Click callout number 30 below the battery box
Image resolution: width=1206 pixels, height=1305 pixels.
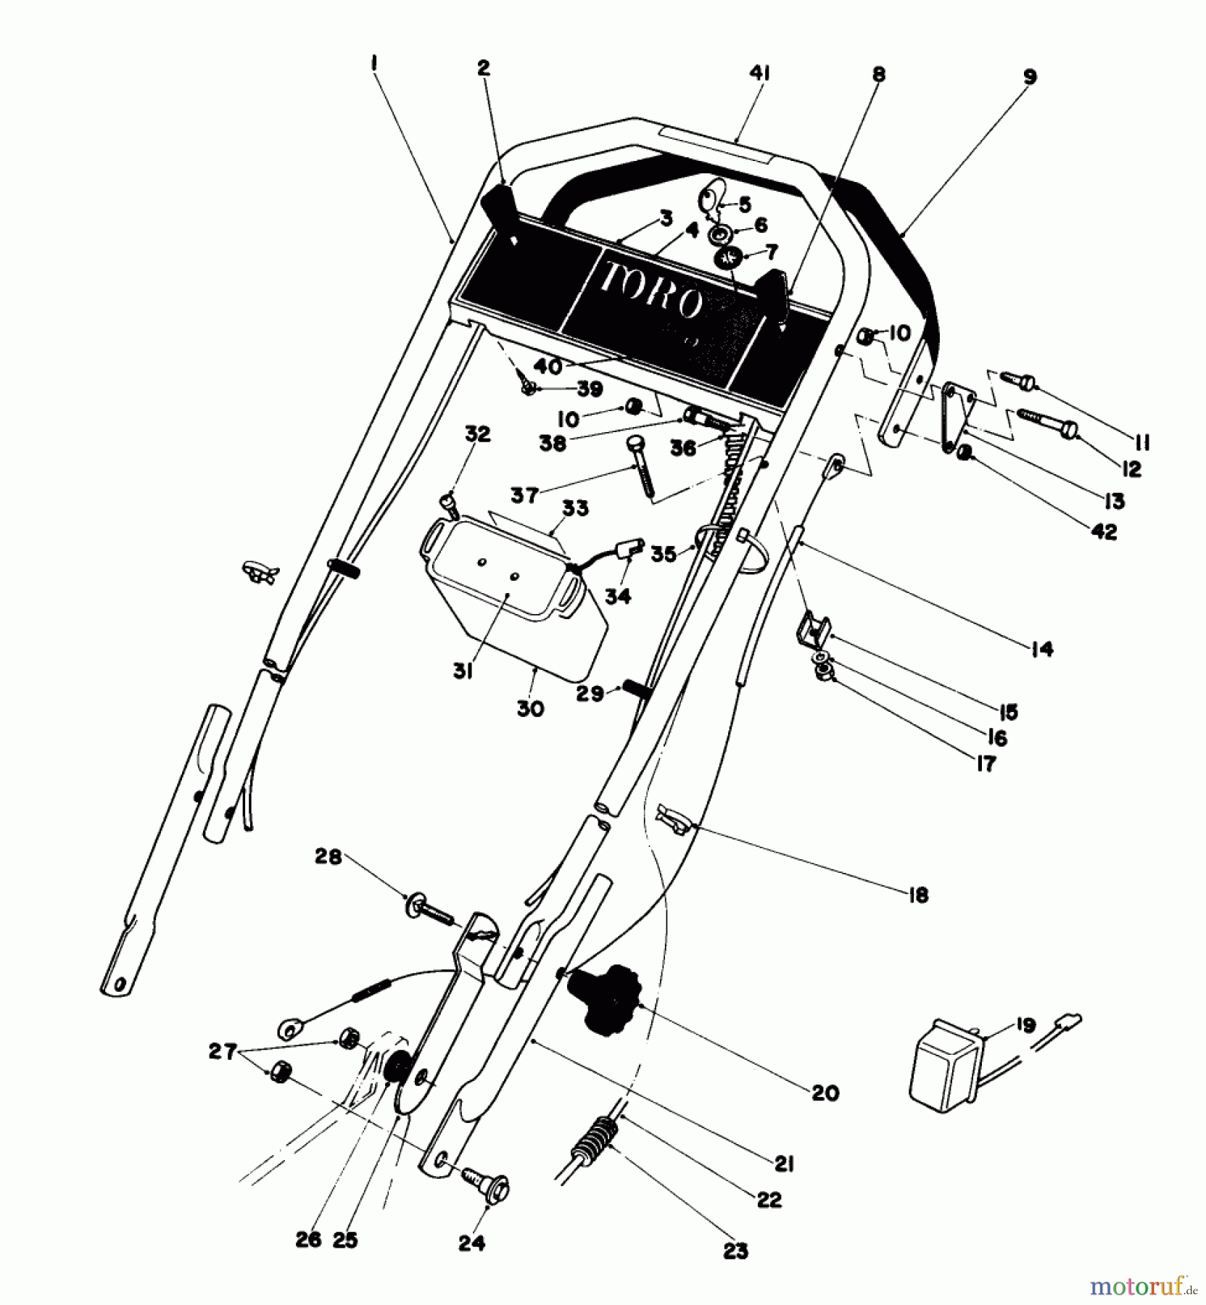pyautogui.click(x=530, y=708)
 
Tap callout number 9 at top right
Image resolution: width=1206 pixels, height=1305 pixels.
pyautogui.click(x=1031, y=77)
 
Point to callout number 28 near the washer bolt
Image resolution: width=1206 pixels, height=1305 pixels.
pyautogui.click(x=327, y=856)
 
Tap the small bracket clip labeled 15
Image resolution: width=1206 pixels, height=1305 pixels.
pyautogui.click(x=811, y=626)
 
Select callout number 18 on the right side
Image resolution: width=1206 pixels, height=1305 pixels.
pyautogui.click(x=917, y=895)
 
